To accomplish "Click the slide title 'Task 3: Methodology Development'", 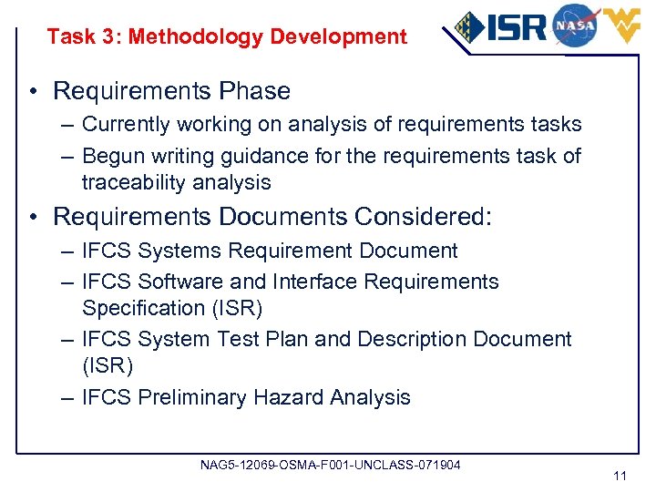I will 227,37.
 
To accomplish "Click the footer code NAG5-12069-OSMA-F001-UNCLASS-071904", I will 330,465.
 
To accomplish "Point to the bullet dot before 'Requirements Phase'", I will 33,91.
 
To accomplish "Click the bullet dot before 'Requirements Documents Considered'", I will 33,217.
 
